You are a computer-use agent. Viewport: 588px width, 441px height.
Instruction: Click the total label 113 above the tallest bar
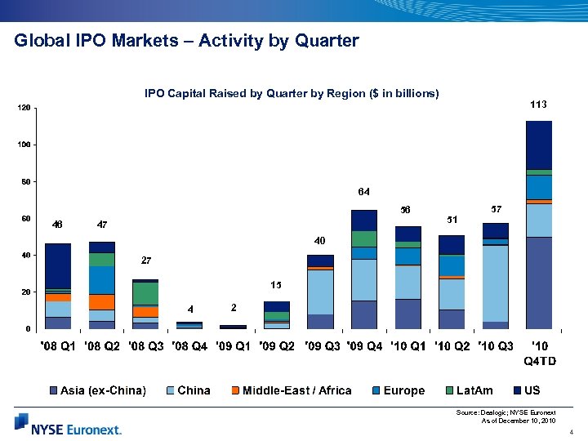(538, 105)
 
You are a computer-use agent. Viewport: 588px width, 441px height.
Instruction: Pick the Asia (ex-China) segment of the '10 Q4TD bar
(538, 283)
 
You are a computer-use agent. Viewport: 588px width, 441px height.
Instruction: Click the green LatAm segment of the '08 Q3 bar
(145, 293)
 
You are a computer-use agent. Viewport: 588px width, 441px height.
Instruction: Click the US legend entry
(529, 390)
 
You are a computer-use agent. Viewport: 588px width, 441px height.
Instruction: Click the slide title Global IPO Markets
(186, 41)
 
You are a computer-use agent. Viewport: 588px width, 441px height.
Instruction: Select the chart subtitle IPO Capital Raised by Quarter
(292, 94)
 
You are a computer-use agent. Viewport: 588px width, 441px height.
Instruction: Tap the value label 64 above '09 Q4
(363, 192)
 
